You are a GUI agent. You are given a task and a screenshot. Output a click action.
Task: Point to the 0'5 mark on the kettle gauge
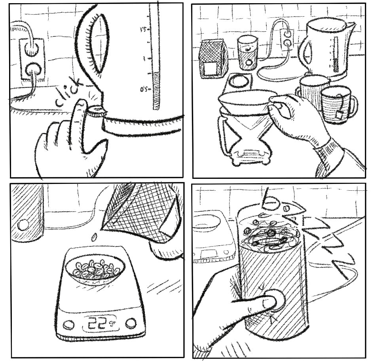145,90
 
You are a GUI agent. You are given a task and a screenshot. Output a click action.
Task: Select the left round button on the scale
68,325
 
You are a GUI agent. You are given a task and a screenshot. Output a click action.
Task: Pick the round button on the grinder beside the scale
24,224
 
